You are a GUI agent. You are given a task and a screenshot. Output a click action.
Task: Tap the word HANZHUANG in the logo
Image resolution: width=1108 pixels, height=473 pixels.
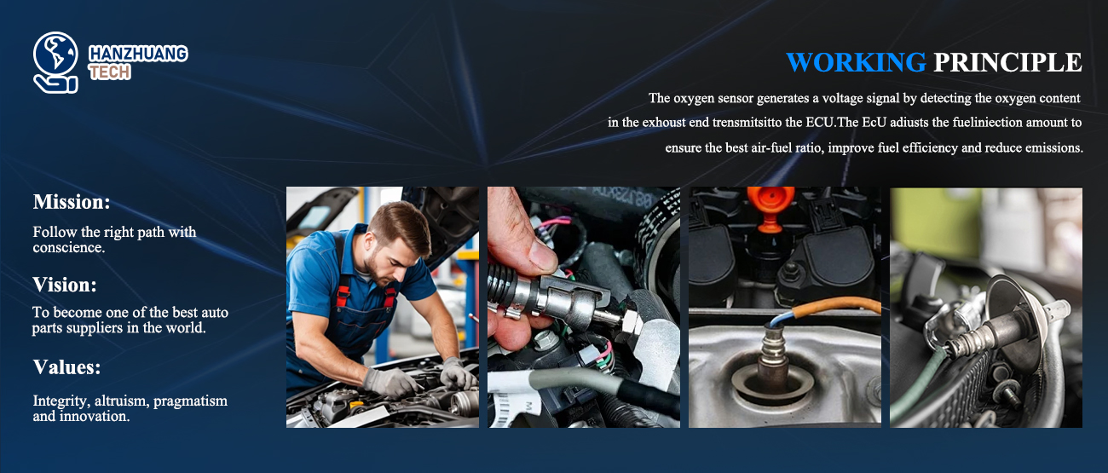pos(138,54)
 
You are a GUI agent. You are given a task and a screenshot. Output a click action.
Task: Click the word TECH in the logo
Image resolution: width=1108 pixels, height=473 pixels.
pos(109,72)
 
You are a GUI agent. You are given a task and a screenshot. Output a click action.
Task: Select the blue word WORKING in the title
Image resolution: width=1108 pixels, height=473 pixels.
pos(856,62)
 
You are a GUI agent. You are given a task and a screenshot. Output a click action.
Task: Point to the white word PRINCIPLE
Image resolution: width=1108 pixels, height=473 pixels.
pos(1007,62)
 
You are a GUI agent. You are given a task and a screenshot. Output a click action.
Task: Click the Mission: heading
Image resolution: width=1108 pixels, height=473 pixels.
pos(72,202)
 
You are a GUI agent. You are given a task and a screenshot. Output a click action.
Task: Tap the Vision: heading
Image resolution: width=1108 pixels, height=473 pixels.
pos(65,285)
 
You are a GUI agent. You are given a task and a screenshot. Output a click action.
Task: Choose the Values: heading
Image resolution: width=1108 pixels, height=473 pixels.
pos(66,367)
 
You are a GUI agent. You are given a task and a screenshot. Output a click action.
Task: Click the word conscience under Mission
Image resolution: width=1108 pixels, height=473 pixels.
pos(68,247)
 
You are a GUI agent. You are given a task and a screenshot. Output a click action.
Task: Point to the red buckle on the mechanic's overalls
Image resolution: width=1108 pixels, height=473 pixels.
pos(343,297)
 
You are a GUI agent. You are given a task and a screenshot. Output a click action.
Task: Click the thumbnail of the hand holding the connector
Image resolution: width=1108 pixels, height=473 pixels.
pos(584,308)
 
